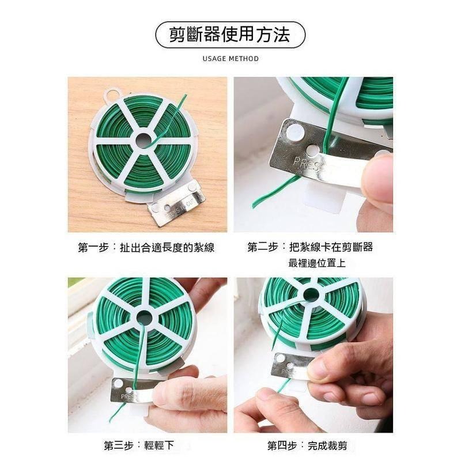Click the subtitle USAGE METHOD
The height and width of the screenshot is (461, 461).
pyautogui.click(x=231, y=59)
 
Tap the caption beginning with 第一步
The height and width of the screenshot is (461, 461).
pyautogui.click(x=146, y=248)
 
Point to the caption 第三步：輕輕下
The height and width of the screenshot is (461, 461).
pyautogui.click(x=138, y=445)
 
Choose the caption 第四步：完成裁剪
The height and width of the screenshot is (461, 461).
pyautogui.click(x=311, y=445)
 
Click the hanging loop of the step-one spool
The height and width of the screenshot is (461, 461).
pyautogui.click(x=111, y=93)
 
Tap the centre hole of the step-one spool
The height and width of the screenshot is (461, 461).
pyautogui.click(x=143, y=140)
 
